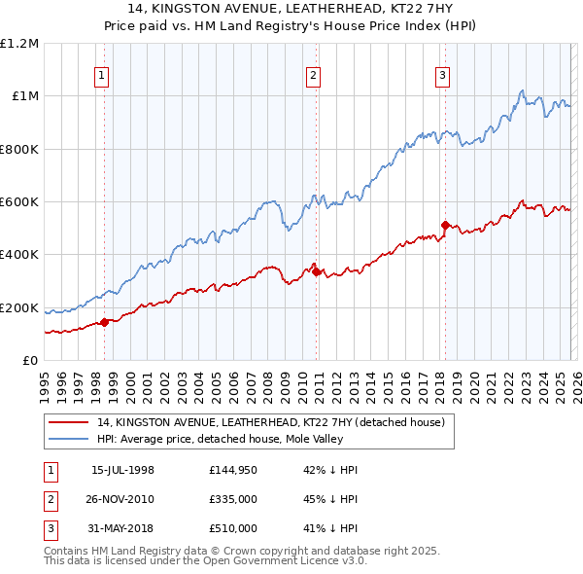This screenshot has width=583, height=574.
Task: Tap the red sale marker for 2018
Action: point(445,226)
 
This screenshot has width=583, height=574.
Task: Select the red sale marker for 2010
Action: point(317,271)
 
